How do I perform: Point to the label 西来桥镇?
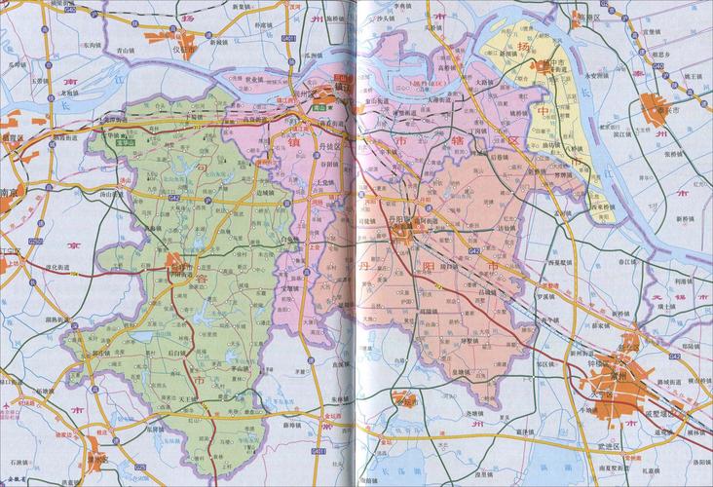[x=605, y=206]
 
